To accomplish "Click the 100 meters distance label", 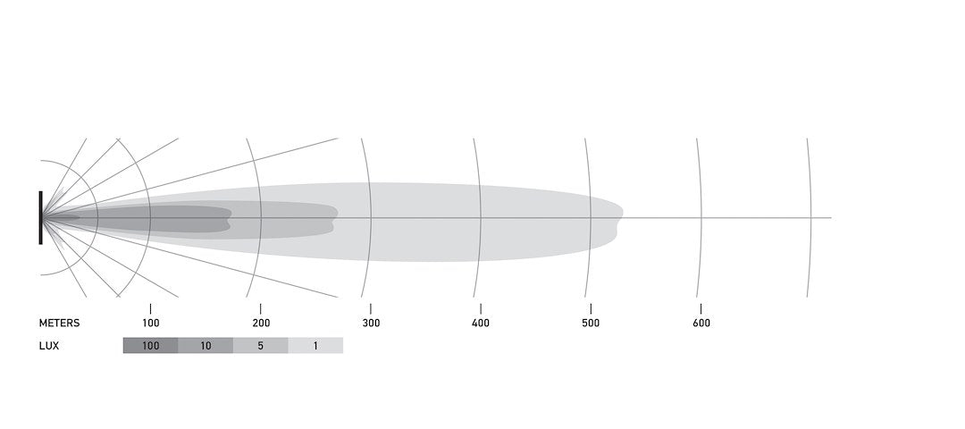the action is coord(151,324).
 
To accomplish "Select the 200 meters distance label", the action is coord(261,324).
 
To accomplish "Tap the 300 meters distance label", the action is coord(371,324).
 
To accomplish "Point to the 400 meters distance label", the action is coord(481,324).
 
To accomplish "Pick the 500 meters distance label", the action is coord(591,324).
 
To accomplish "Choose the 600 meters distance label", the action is coord(701,324).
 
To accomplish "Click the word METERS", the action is coord(59,324).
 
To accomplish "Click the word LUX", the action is coord(49,346).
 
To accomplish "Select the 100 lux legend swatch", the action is coord(151,345).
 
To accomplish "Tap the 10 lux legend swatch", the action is coord(206,345).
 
